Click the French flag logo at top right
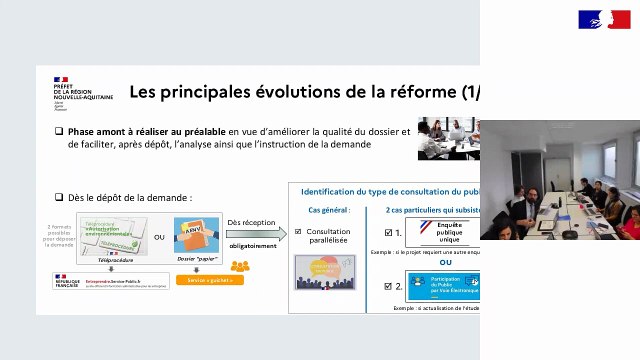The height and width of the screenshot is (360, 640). coord(604,18)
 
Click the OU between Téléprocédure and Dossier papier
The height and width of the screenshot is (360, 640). coord(159,238)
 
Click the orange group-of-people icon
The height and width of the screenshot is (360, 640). coord(239,266)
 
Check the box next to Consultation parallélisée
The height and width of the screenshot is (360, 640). coord(299,232)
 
